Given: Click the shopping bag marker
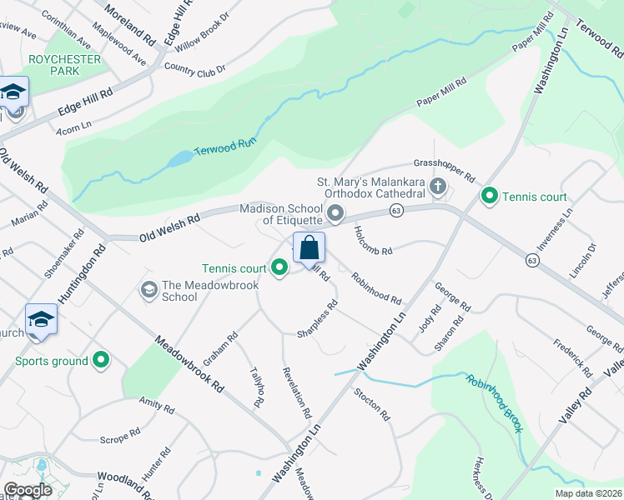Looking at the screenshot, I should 309,247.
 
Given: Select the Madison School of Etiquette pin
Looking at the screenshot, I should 335,215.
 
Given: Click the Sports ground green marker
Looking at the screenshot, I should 102,361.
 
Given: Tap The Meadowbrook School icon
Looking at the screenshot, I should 149,289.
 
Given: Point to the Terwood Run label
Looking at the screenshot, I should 223,147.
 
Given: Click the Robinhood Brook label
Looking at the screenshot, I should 496,403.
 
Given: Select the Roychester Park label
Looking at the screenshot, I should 64,65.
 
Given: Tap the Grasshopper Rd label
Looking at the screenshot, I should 444,171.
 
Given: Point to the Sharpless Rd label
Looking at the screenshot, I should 317,321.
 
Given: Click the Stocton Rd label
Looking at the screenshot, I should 372,403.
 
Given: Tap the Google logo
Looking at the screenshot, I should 28,490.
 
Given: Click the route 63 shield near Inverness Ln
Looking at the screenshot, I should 531,261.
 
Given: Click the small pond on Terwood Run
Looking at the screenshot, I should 179,159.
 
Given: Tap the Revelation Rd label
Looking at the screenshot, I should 298,392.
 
